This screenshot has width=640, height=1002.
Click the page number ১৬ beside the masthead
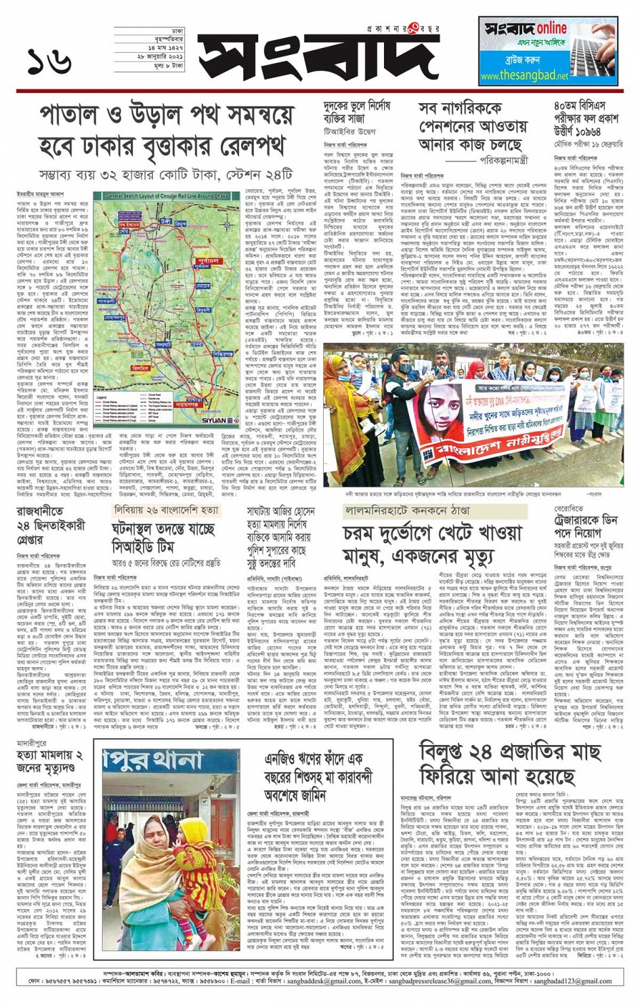point(49,62)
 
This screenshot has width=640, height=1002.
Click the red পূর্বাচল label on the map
point(208,260)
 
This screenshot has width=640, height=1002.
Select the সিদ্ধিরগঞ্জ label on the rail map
point(223,353)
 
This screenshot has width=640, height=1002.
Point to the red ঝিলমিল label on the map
point(141,368)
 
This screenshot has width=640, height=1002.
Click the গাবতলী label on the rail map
point(107,300)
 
